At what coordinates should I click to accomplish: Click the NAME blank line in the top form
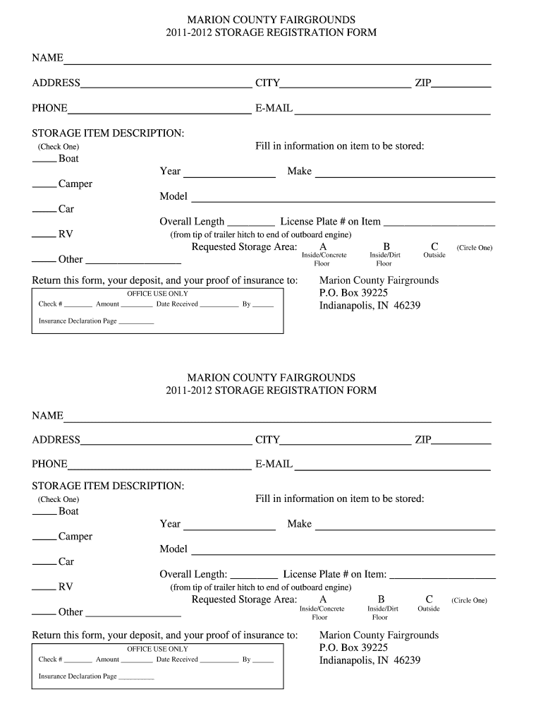pos(276,60)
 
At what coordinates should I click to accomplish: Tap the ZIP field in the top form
pos(461,84)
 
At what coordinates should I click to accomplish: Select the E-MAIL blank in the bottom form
pos(391,465)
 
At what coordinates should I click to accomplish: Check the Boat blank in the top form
pos(44,160)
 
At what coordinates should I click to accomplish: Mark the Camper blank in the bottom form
pos(44,537)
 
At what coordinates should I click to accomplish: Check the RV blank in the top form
pos(44,234)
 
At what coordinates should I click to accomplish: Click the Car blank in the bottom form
pos(44,563)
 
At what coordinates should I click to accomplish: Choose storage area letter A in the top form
pos(323,247)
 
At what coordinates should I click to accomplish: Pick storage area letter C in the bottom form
pos(429,599)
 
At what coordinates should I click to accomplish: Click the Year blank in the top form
pos(229,173)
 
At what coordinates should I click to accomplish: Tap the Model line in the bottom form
pos(343,551)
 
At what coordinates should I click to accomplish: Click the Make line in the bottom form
pos(405,525)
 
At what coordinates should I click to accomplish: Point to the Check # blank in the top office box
pos(78,306)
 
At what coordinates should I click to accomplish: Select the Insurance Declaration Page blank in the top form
pos(136,323)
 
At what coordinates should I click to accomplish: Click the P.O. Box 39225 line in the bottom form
pos(353,647)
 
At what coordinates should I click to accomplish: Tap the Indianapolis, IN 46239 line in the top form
pos(370,306)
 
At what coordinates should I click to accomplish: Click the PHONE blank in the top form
pos(159,109)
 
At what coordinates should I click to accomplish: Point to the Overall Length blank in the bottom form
pos(254,576)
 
